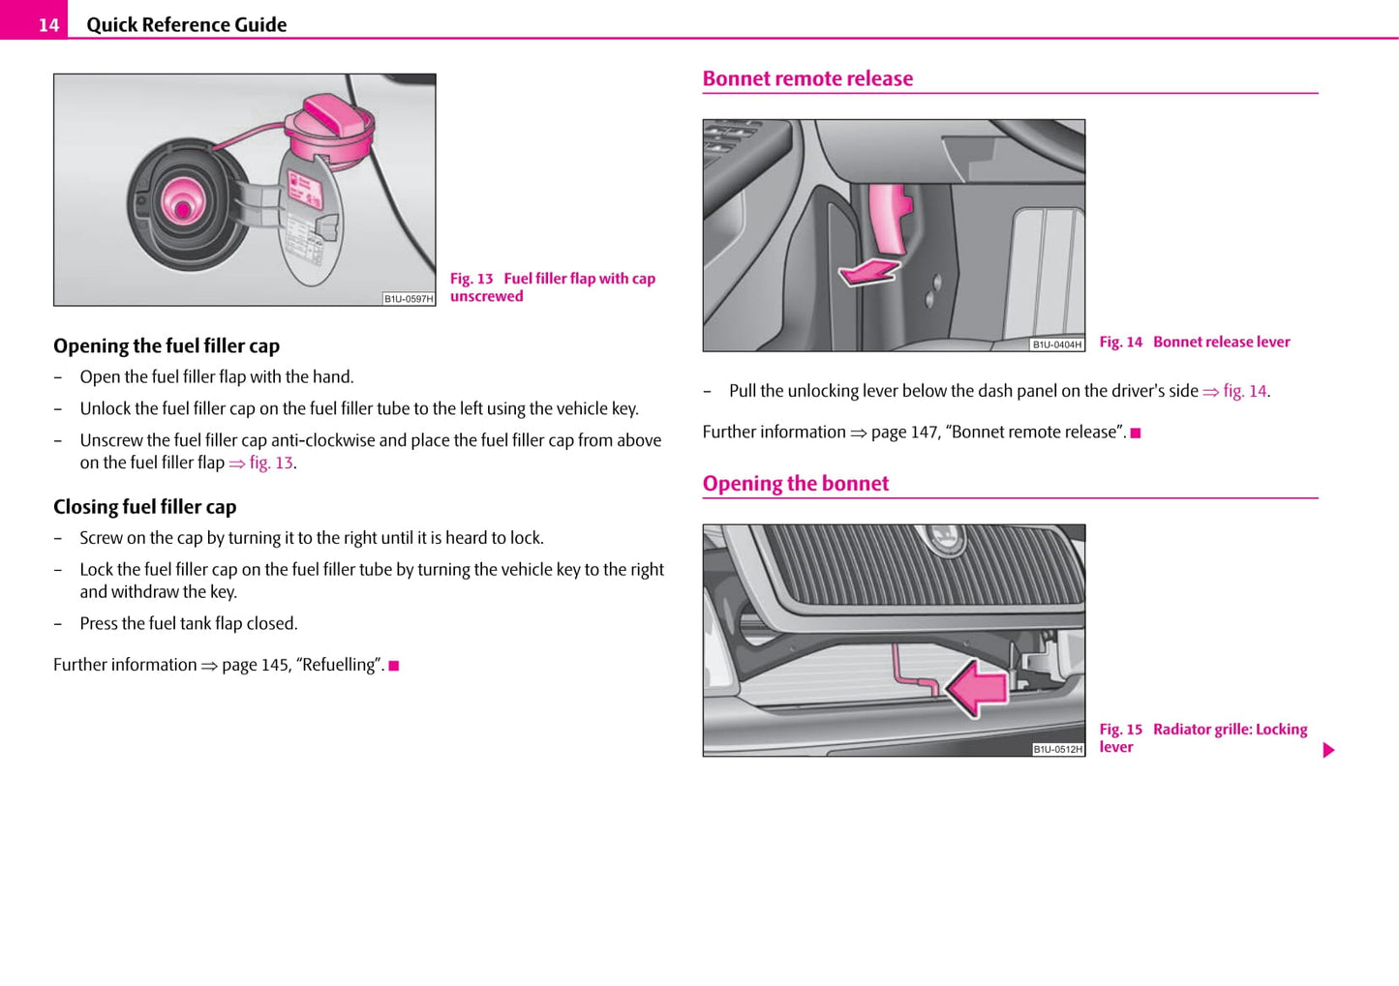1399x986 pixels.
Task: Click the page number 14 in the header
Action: (x=48, y=25)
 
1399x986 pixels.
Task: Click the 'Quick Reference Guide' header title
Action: (x=186, y=25)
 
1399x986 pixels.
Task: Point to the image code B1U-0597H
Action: (x=409, y=299)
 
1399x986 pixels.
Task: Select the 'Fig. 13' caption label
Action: (x=471, y=279)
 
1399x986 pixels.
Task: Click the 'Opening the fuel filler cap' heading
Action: (x=167, y=345)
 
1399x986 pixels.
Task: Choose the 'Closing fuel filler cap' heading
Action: (x=145, y=506)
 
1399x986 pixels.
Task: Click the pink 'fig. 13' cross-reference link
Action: (x=271, y=463)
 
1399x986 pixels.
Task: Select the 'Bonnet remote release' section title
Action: (x=807, y=78)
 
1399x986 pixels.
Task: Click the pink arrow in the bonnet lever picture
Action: (x=869, y=273)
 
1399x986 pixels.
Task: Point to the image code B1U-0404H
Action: (x=1056, y=344)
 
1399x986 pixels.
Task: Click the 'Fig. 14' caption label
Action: (x=1120, y=342)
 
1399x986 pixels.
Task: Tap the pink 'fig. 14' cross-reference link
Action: (x=1244, y=391)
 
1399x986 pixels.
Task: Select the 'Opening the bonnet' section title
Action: (x=796, y=483)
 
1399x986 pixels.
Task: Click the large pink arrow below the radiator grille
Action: (x=977, y=688)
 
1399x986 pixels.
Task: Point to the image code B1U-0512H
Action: (x=1057, y=749)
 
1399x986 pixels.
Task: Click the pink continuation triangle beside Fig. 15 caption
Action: (x=1328, y=750)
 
